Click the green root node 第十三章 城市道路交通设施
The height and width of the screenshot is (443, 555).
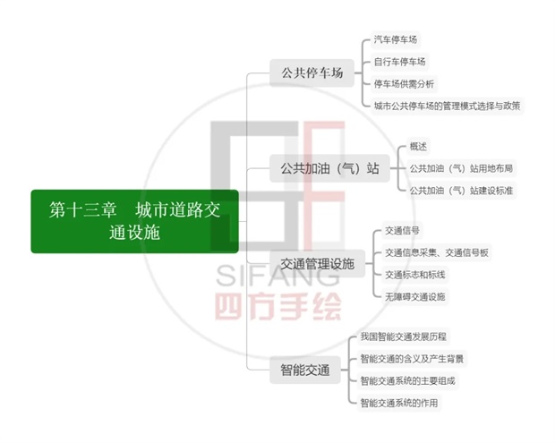click(135, 222)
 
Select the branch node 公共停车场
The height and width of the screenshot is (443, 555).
click(312, 72)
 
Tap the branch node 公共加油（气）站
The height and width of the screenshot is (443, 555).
click(329, 168)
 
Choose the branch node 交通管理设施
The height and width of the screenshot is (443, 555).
click(317, 264)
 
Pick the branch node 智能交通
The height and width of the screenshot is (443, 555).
click(305, 371)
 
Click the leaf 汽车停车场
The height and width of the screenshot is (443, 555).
click(396, 39)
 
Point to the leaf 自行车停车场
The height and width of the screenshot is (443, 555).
click(399, 62)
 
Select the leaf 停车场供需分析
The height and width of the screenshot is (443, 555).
click(404, 84)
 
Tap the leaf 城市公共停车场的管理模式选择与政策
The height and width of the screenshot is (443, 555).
click(447, 106)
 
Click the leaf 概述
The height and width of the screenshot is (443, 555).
click(418, 147)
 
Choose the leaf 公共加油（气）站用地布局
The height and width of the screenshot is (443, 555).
click(461, 168)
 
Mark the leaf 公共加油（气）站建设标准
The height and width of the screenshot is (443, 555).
click(461, 191)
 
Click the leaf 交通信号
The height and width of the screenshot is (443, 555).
click(402, 231)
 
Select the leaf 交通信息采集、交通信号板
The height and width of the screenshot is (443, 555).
click(437, 252)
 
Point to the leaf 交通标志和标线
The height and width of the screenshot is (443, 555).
click(414, 275)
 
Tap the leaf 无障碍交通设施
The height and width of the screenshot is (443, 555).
click(414, 297)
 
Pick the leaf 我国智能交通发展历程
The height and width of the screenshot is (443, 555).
click(403, 337)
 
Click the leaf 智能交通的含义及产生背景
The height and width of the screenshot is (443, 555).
click(412, 359)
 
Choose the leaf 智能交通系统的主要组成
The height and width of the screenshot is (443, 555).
click(407, 381)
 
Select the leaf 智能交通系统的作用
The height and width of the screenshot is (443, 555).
click(399, 403)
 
